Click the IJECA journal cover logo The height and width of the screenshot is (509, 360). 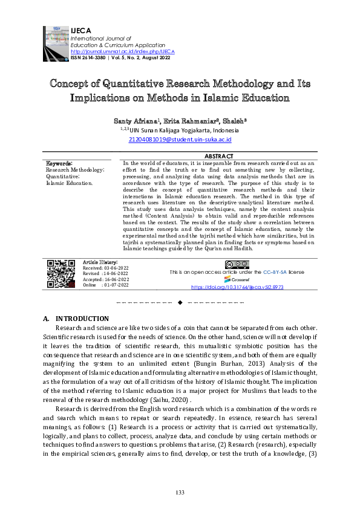(x=56, y=42)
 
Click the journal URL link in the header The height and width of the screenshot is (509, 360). (x=122, y=51)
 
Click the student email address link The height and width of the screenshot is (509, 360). (x=180, y=139)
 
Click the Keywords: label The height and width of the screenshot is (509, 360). (x=59, y=163)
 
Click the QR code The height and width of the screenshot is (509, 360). (x=61, y=274)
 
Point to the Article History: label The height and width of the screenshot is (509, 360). (x=100, y=262)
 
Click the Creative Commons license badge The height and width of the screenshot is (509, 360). (x=237, y=265)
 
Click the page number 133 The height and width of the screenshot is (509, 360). (x=180, y=493)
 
